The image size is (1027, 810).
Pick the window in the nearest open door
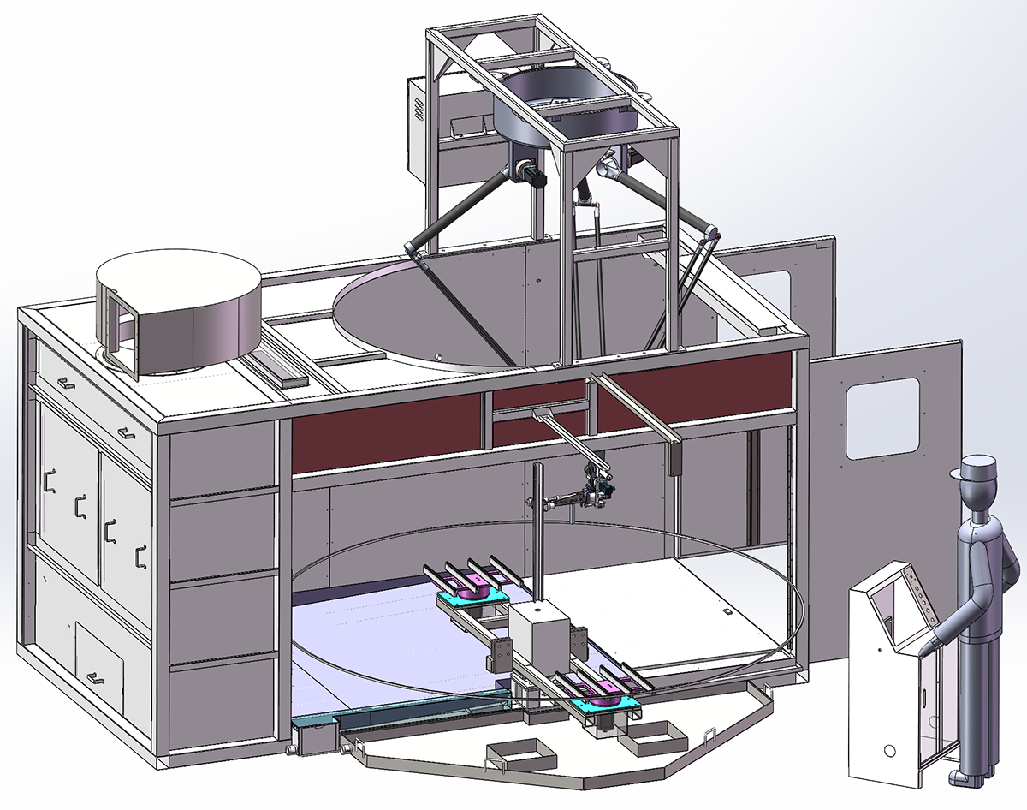coord(882,418)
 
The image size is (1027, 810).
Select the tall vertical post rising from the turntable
coord(537,531)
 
